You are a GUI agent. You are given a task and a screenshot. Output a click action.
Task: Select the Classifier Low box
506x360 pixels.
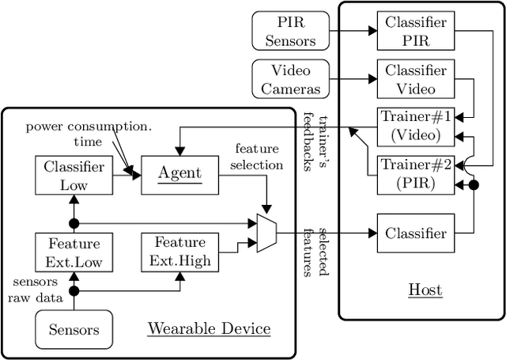[x=73, y=175]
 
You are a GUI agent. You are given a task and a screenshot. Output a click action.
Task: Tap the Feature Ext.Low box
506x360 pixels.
[x=73, y=251]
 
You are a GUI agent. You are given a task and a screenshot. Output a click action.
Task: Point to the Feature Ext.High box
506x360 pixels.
[x=179, y=251]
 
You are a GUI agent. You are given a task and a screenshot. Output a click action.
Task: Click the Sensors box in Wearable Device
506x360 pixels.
[x=74, y=329]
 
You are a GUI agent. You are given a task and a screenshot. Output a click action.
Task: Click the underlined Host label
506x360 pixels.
[x=425, y=290]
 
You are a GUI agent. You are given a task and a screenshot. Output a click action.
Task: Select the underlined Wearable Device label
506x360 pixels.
[x=209, y=328]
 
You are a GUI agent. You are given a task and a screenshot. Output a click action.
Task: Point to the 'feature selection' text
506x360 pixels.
[x=259, y=157]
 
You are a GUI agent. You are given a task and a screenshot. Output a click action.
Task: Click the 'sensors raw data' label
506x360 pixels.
[x=34, y=290]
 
